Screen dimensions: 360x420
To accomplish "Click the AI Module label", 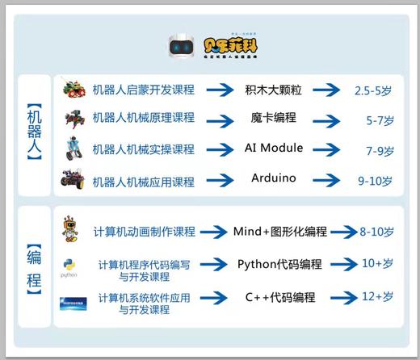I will (274, 149).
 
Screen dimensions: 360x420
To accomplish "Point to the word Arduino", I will (274, 178).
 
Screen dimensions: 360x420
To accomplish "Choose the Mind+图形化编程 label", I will (280, 232).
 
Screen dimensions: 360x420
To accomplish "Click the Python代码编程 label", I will (279, 265).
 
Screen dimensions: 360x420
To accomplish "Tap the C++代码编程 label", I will (279, 297).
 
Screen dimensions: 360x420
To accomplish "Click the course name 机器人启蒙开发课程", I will (144, 90).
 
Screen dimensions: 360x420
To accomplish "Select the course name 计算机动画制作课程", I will (145, 232).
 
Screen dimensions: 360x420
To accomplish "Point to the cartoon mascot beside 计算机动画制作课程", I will (70, 229).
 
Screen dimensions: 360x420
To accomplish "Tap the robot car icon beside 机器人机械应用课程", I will (72, 179).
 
